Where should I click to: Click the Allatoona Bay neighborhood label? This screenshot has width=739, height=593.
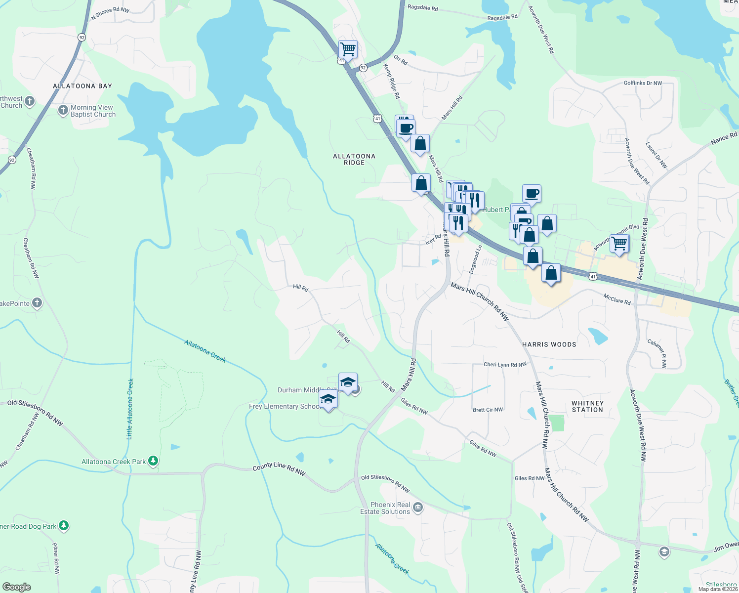tap(82, 86)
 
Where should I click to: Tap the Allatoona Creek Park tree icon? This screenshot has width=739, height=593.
tap(153, 461)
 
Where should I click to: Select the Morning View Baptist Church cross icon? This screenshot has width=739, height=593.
tap(63, 110)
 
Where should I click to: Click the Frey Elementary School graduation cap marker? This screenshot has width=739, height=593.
tap(328, 399)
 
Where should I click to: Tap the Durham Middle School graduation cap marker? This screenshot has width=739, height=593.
tap(348, 382)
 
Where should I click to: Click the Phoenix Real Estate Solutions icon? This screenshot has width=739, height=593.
tap(418, 508)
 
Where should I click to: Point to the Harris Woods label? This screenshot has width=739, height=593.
tap(549, 344)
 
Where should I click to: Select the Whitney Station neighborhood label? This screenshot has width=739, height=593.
tap(587, 406)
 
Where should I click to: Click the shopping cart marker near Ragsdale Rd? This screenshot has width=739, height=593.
tap(348, 49)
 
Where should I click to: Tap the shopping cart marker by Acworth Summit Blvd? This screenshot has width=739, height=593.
tap(619, 243)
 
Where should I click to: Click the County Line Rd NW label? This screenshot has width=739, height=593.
tap(279, 469)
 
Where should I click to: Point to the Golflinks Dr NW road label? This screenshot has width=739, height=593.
tap(643, 83)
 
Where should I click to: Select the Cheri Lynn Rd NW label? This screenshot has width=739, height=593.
tap(505, 365)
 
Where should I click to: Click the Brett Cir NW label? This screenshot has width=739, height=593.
tap(488, 410)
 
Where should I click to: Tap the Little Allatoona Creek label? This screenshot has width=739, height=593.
tap(130, 409)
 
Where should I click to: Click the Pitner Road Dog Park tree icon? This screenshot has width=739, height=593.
tap(64, 525)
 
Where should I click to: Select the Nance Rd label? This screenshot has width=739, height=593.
tap(724, 138)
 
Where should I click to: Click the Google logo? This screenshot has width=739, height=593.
tap(16, 587)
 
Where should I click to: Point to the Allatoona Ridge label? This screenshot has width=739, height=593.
tap(354, 159)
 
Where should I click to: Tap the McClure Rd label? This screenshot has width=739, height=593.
tap(617, 299)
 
